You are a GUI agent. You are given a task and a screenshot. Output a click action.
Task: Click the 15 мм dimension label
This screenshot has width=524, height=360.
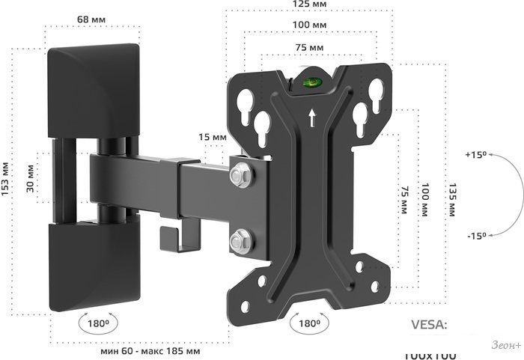pos(213,138)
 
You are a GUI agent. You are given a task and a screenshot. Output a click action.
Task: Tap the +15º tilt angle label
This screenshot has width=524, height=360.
pos(475,155)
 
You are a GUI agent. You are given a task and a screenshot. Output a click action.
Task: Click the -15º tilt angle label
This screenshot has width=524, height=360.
pos(475,237)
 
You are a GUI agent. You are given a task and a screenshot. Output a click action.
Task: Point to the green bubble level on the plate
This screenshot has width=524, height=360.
pos(312,82)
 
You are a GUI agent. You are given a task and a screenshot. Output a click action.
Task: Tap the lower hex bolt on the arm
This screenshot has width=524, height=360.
pos(240,241)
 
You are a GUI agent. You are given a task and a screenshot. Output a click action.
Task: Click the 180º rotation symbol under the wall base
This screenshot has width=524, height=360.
pos(98,324)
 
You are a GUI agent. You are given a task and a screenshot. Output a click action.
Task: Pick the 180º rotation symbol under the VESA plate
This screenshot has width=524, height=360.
pos(308,323)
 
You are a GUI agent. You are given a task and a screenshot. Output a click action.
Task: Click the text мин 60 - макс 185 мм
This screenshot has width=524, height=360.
pos(150,350)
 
